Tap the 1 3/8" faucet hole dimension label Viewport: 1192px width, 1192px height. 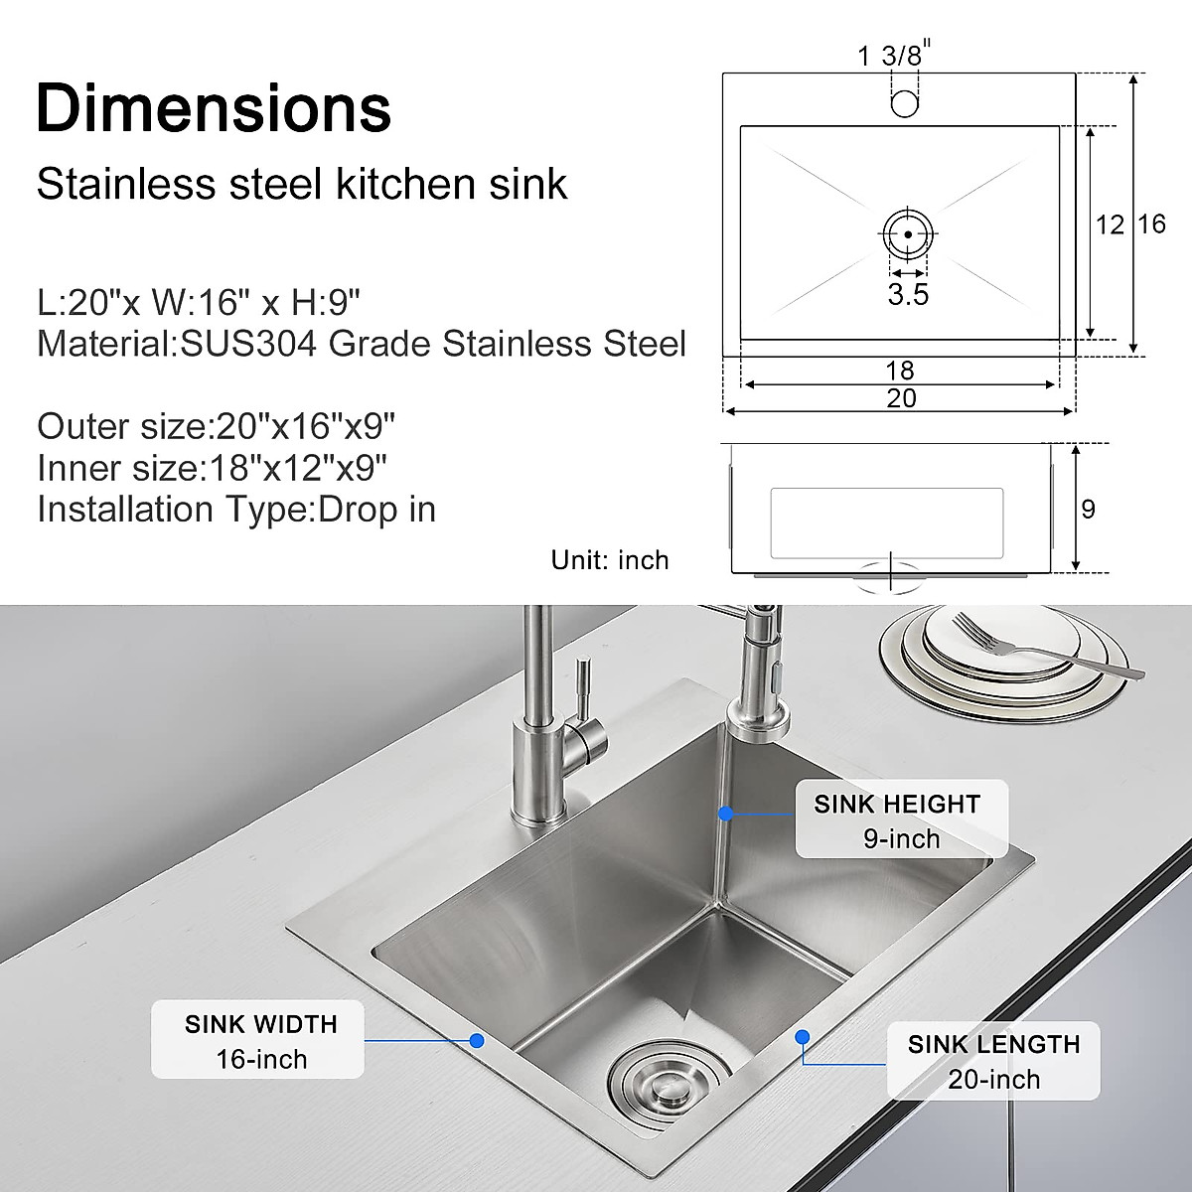click(x=895, y=55)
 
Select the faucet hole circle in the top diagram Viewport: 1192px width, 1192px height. click(x=904, y=102)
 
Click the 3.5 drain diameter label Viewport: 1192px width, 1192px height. click(x=908, y=294)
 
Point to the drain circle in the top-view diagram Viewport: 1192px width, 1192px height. click(x=907, y=235)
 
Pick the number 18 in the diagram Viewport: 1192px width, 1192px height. click(x=899, y=371)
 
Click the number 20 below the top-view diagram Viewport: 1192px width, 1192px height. click(x=901, y=398)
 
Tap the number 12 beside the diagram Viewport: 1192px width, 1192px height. click(x=1110, y=225)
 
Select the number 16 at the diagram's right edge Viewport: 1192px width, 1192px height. click(x=1151, y=224)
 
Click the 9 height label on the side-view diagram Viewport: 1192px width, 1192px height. click(x=1088, y=510)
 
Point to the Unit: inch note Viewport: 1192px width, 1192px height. click(x=610, y=560)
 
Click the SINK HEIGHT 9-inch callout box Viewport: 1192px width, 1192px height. click(x=900, y=819)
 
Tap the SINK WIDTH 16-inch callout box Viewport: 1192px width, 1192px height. click(x=258, y=1040)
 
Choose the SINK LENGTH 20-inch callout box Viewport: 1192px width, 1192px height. click(x=993, y=1061)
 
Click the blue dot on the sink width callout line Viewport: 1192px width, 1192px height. click(x=477, y=1040)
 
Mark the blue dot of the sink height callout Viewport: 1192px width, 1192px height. click(x=726, y=813)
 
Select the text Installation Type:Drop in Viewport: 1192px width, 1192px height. click(x=236, y=510)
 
